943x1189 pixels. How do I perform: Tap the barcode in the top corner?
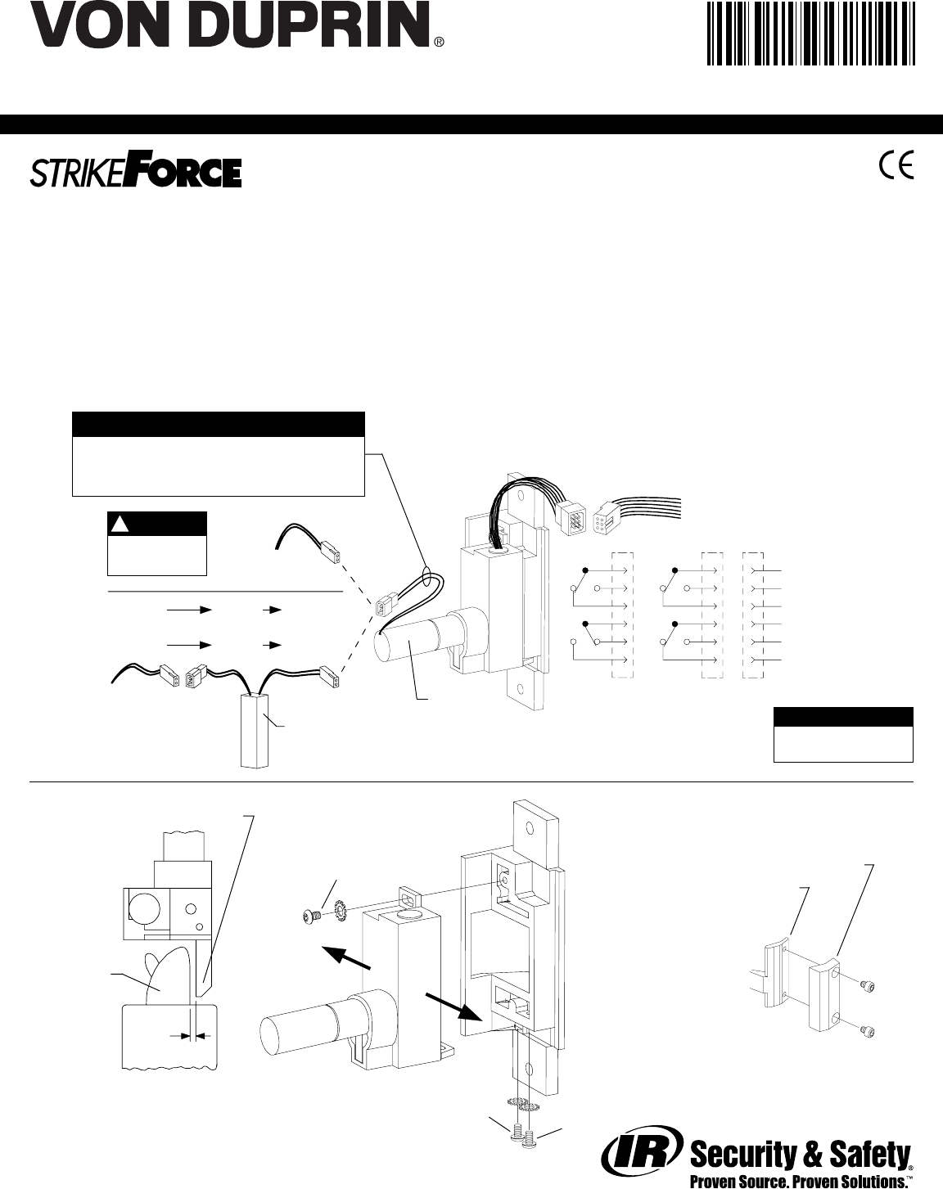811,34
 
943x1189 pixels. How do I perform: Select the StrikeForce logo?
136,173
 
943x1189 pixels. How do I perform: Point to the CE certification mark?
896,164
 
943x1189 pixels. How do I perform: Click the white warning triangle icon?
120,525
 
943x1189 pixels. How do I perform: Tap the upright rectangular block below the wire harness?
255,729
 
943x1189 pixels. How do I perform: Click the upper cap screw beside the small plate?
867,985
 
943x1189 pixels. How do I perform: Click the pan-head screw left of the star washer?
313,917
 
